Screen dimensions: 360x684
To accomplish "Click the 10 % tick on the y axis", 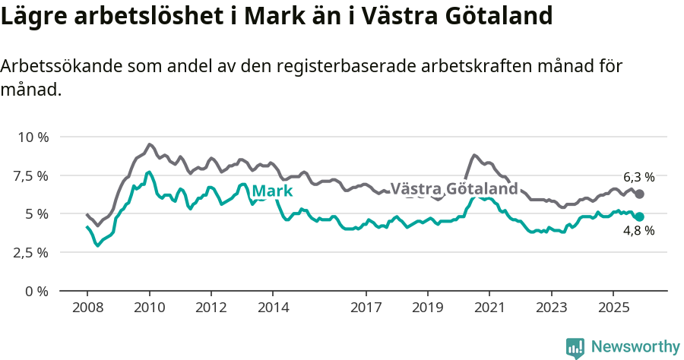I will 33,137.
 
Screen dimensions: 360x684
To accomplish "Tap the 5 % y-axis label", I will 36,214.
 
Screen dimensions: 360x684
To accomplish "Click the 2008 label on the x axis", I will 87,308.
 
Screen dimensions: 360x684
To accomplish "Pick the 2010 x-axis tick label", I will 149,308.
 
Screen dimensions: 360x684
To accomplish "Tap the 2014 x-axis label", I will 273,308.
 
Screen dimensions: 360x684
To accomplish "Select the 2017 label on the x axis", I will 366,308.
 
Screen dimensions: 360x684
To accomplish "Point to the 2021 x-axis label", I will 489,308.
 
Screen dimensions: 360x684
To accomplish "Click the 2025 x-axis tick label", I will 613,308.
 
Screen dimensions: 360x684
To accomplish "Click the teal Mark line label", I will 272,191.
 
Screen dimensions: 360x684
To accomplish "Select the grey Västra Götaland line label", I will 454,188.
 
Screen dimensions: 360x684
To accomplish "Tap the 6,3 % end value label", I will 638,177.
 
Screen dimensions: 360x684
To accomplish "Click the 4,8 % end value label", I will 638,231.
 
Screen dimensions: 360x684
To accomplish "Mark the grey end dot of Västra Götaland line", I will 639,194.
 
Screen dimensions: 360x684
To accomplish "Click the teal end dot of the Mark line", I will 639,216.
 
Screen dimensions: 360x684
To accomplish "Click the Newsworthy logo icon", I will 575,347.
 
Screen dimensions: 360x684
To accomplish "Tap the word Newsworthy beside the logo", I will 635,347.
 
